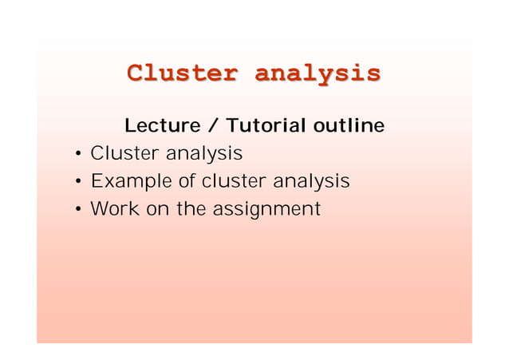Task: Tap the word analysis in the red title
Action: tap(316, 73)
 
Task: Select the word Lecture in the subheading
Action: tap(162, 126)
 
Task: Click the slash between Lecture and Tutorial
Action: tap(213, 126)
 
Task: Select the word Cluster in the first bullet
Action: tap(124, 152)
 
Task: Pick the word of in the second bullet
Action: tap(187, 181)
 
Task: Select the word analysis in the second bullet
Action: tap(311, 183)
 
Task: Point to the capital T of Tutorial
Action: tap(232, 126)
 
